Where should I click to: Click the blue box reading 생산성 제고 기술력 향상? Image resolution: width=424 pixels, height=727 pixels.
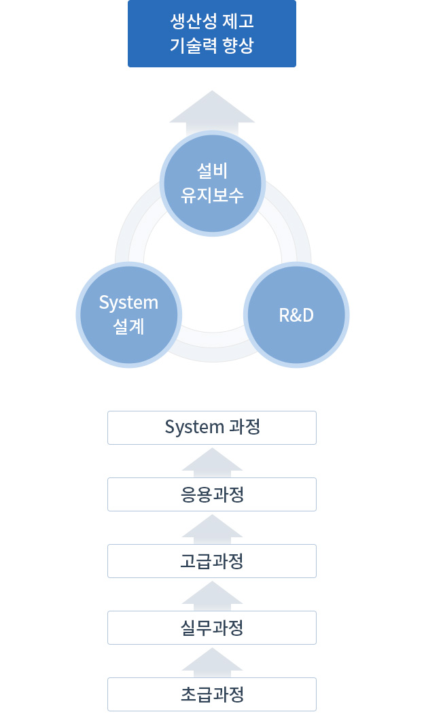click(x=212, y=33)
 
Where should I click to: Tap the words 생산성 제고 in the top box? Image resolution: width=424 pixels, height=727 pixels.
click(x=212, y=21)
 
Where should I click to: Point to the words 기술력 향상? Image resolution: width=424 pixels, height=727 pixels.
click(x=212, y=46)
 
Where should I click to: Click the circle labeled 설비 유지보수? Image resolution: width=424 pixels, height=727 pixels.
click(x=212, y=184)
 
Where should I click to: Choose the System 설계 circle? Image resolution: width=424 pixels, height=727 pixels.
click(x=129, y=315)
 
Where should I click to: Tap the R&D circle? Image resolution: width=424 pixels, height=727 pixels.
click(x=296, y=315)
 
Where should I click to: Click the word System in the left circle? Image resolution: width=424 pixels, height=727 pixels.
click(x=128, y=303)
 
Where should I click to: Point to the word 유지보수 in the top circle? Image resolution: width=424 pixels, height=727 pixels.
click(x=212, y=195)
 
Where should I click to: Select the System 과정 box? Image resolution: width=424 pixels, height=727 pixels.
click(x=212, y=428)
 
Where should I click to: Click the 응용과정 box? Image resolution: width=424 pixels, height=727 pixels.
click(x=212, y=494)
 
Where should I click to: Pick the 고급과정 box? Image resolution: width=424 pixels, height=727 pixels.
click(x=212, y=561)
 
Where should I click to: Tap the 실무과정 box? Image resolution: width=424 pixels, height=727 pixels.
click(x=212, y=628)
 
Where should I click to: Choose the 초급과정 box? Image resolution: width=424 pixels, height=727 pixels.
click(x=212, y=694)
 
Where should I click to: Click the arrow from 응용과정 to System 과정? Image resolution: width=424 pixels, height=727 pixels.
click(x=212, y=462)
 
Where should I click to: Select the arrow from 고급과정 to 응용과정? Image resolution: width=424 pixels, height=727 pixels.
click(x=212, y=529)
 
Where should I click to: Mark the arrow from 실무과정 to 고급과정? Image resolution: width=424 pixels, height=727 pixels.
click(x=212, y=596)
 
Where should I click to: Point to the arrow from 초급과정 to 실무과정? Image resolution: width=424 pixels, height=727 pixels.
click(x=212, y=662)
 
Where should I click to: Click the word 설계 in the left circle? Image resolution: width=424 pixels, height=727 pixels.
click(x=128, y=327)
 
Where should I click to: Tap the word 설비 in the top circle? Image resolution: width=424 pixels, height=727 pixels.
click(x=212, y=171)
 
